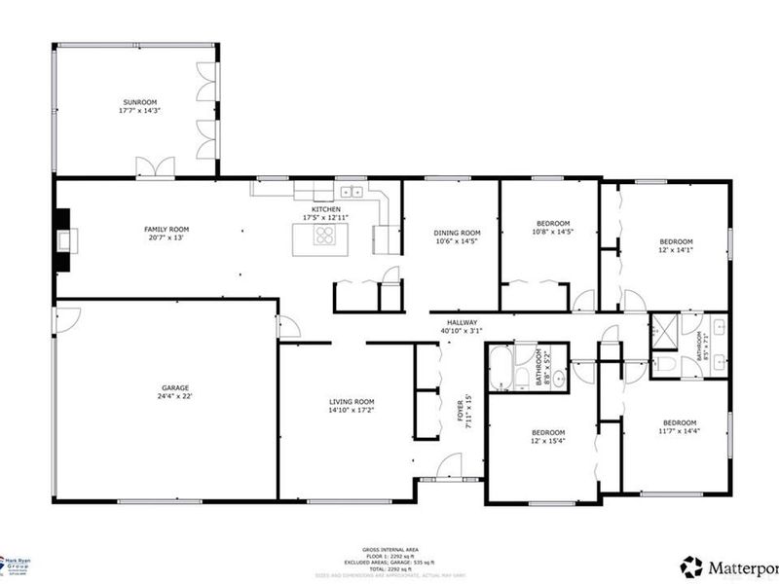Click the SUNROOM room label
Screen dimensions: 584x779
click(x=140, y=102)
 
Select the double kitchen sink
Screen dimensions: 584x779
click(x=352, y=192)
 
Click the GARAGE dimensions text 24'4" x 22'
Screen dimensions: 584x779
click(x=175, y=397)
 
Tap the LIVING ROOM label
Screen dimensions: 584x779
click(x=352, y=402)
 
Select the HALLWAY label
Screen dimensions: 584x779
click(x=462, y=322)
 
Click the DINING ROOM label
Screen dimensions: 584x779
click(x=458, y=233)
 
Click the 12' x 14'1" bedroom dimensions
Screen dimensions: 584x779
click(x=676, y=250)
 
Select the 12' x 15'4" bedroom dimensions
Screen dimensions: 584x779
click(x=547, y=441)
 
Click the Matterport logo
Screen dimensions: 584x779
click(x=726, y=565)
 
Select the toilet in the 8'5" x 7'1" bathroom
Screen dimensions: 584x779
click(x=668, y=364)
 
